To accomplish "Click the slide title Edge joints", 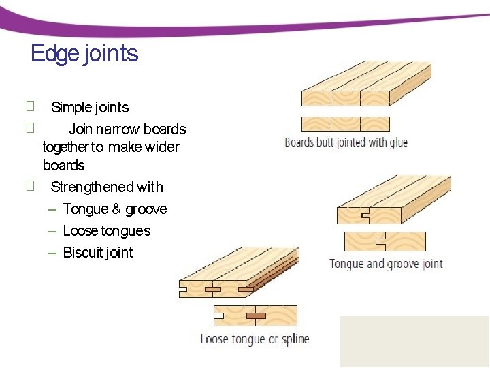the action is (x=84, y=53).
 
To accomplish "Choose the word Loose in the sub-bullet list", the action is (x=80, y=231).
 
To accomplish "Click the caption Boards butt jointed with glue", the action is (x=346, y=142).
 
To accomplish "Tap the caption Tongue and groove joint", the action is (x=386, y=264).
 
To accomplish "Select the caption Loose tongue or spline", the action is (x=255, y=339).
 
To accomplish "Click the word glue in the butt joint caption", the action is (x=398, y=142).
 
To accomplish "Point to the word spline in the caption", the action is (x=295, y=339).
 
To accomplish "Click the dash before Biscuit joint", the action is (x=52, y=253).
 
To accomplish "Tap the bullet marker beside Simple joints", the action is (x=29, y=106).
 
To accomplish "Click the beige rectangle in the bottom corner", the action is (x=414, y=341).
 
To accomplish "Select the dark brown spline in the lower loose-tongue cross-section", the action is (x=256, y=316).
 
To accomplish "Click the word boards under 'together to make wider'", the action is (x=64, y=166).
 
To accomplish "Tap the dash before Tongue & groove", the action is (x=52, y=209).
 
